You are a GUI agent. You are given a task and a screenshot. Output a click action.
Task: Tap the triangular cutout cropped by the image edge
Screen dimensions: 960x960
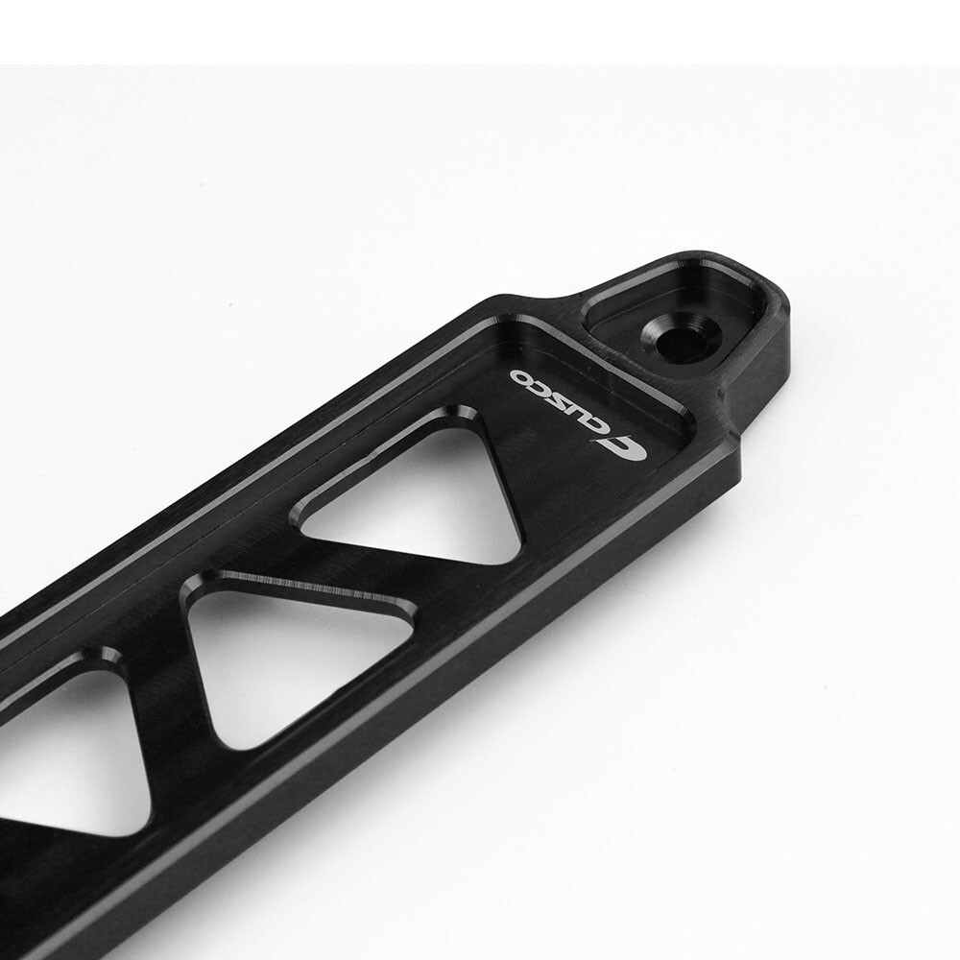point(67,758)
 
